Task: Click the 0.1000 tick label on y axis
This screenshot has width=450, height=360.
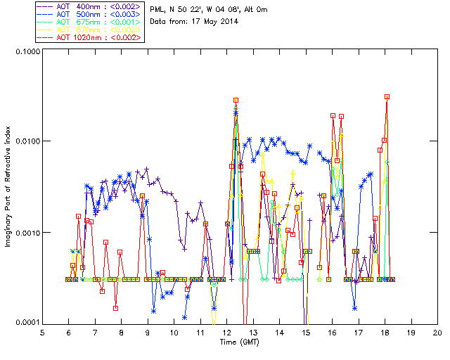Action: [26, 53]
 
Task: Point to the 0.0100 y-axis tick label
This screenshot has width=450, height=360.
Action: [26, 142]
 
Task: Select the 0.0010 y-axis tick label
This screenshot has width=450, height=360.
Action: [26, 233]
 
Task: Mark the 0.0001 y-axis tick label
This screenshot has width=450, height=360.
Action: [26, 323]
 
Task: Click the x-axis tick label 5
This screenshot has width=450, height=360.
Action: [42, 332]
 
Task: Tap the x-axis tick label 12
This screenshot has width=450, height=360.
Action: [226, 332]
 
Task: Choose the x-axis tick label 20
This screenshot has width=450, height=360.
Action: [437, 332]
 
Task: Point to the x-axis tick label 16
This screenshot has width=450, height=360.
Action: [332, 332]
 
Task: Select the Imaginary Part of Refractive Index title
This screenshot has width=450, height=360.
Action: [10, 186]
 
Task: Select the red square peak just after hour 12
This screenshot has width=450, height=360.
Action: [236, 101]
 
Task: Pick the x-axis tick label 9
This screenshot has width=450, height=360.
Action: [148, 332]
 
